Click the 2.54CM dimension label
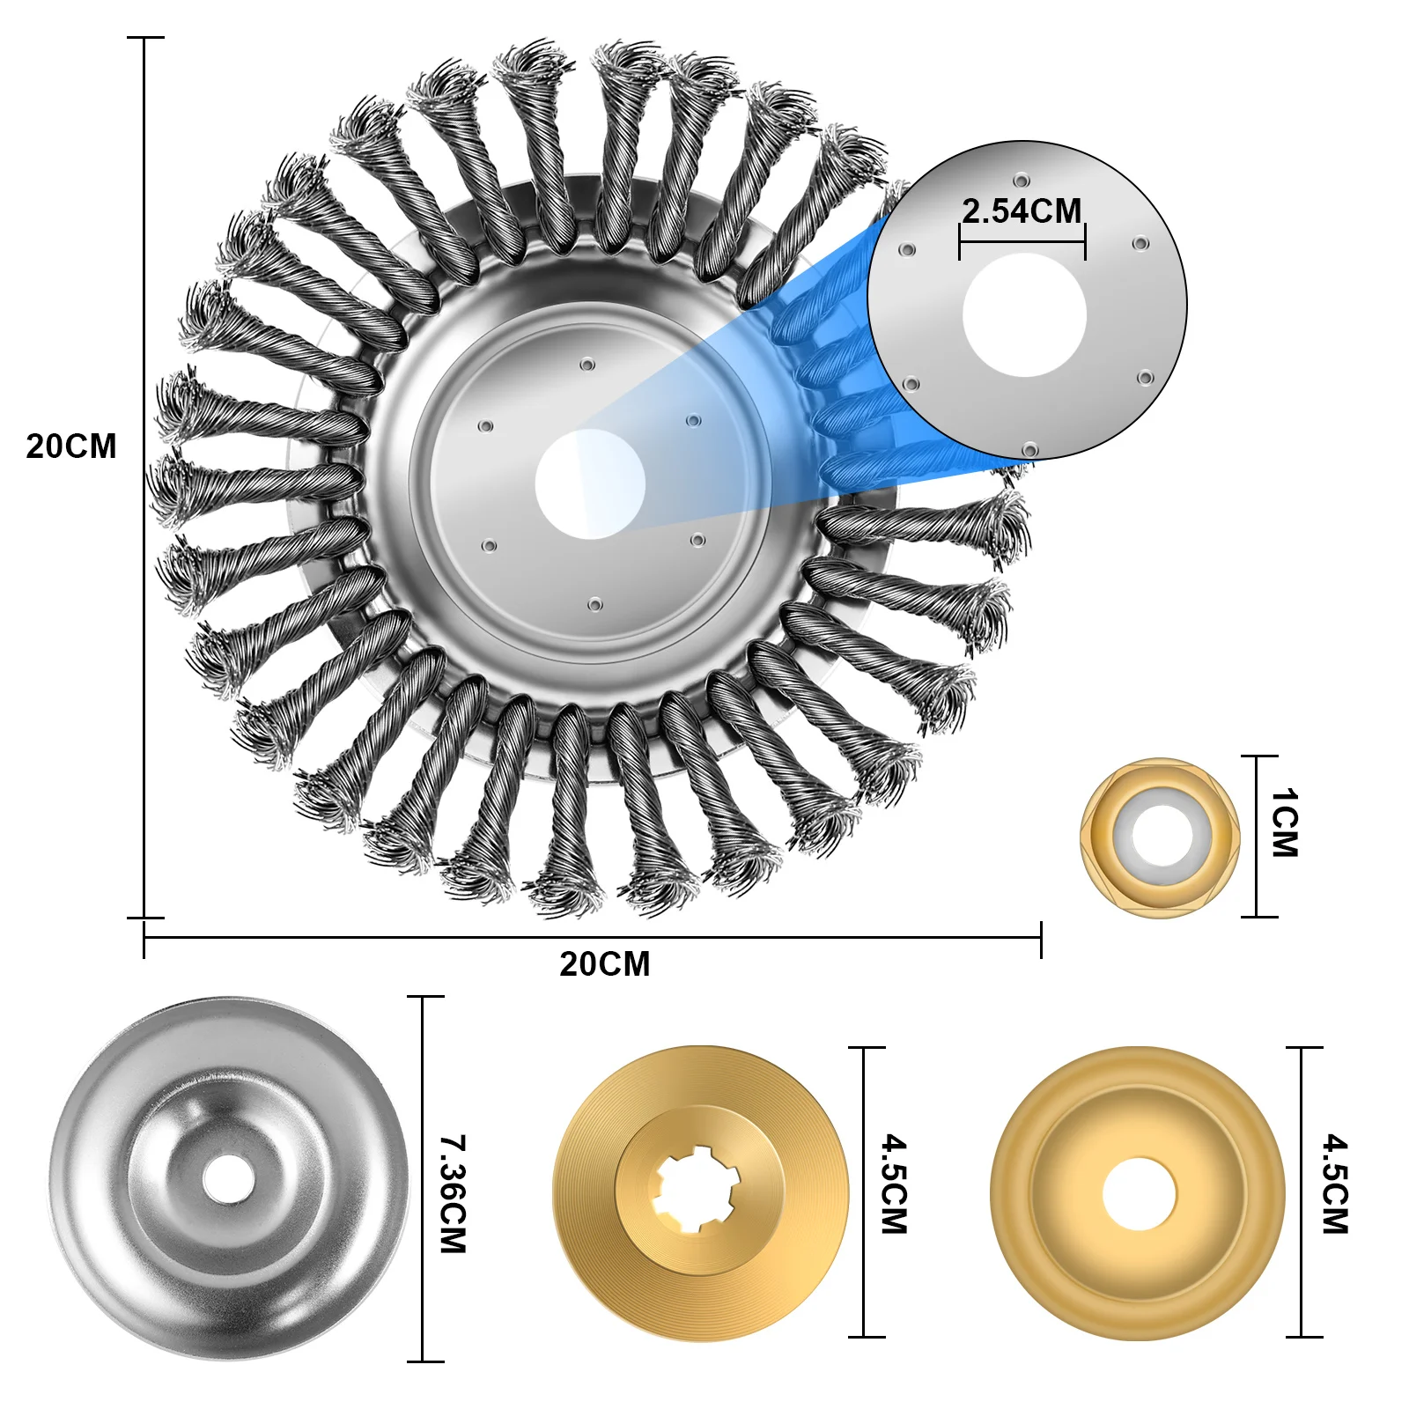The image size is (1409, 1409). [1022, 211]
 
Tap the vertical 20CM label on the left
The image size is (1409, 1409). [71, 446]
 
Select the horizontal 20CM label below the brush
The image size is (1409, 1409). [605, 964]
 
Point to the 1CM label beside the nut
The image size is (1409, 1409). [1285, 823]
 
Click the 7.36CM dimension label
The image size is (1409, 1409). [453, 1194]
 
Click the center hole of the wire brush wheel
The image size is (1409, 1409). [590, 484]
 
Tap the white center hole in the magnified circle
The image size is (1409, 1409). [1024, 314]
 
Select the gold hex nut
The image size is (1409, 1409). [1161, 837]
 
